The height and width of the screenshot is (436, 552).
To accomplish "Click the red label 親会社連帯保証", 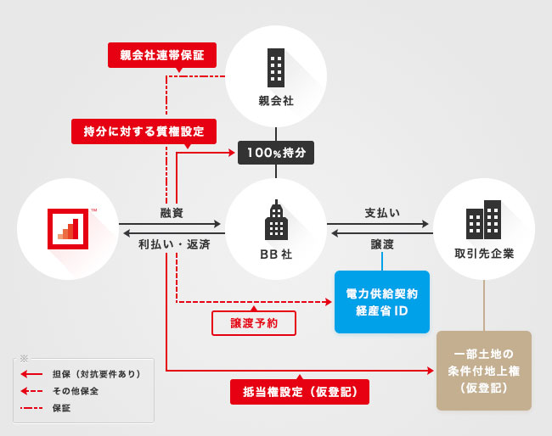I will pos(162,55).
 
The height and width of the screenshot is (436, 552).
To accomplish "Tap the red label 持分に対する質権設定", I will pos(144,131).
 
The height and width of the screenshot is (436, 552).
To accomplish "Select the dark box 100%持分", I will pos(276,153).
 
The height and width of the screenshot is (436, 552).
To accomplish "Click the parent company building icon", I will pos(276,65).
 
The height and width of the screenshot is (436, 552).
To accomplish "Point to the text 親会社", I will pos(276,102).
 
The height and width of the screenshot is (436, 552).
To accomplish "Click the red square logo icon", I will pos(67,228).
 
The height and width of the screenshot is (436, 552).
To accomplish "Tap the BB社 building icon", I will pos(276,221).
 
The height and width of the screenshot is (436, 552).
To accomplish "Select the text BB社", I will pos(276,253).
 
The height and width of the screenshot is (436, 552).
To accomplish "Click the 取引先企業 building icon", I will pos(483,220).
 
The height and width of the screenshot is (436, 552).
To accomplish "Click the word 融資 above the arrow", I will pos(172,212).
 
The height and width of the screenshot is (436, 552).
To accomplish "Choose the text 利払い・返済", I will pos(174,243).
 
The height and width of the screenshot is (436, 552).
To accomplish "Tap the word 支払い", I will pos(382,212).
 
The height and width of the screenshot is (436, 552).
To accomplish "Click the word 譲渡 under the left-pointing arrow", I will pos(382,243).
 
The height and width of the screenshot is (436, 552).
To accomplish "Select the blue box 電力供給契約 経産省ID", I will pos(381,301).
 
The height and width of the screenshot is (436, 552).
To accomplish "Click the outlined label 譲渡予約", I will pos(254,323).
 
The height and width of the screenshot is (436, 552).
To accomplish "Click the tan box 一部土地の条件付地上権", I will pos(483,371).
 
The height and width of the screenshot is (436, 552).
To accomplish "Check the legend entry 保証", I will pos(61,407).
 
